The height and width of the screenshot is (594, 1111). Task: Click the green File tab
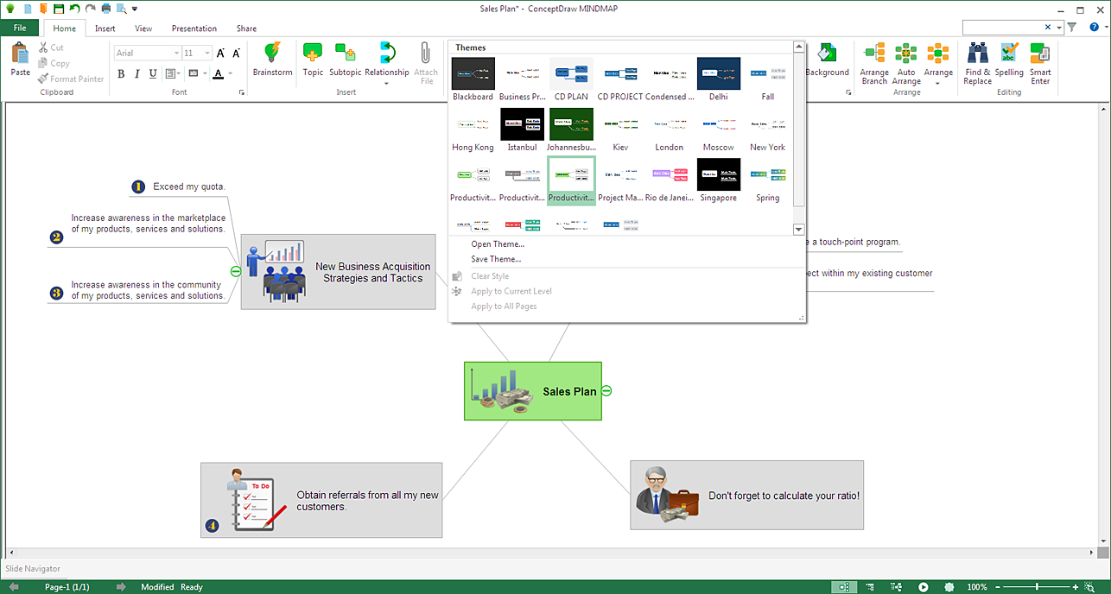20,28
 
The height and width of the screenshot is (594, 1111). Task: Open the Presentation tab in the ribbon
194,28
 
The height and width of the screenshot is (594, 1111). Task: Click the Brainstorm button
273,60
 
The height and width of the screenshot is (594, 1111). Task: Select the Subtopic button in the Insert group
346,60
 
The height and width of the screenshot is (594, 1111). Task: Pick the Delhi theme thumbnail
719,74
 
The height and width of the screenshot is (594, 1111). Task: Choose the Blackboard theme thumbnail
473,74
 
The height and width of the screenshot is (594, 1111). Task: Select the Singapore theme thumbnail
719,175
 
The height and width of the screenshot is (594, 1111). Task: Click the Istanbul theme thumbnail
523,125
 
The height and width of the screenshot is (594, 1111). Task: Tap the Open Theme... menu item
498,244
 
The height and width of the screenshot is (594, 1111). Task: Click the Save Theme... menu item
496,259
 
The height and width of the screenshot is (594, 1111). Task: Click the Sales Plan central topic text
569,392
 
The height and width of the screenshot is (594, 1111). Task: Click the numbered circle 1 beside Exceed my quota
138,186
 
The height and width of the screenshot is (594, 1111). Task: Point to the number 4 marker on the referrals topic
213,525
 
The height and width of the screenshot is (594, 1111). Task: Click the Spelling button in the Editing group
1009,63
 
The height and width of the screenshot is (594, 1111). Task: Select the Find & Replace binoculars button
978,63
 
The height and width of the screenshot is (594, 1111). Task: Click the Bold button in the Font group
121,74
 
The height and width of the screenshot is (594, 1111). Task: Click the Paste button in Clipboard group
21,60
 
